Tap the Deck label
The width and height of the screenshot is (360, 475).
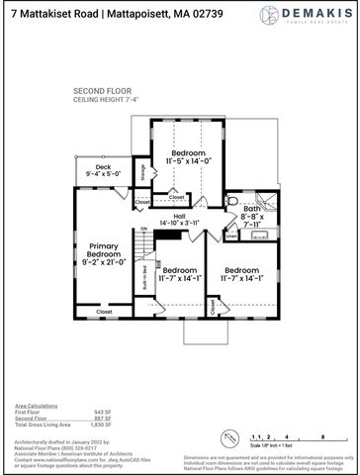(103, 167)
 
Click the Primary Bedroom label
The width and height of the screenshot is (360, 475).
(104, 250)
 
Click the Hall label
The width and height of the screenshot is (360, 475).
(179, 216)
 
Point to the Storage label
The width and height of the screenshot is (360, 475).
(142, 172)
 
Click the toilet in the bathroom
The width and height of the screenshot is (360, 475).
(233, 200)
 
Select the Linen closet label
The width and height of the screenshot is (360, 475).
(230, 235)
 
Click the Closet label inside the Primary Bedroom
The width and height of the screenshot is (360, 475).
(104, 312)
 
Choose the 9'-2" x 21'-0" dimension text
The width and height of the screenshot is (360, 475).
(104, 262)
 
